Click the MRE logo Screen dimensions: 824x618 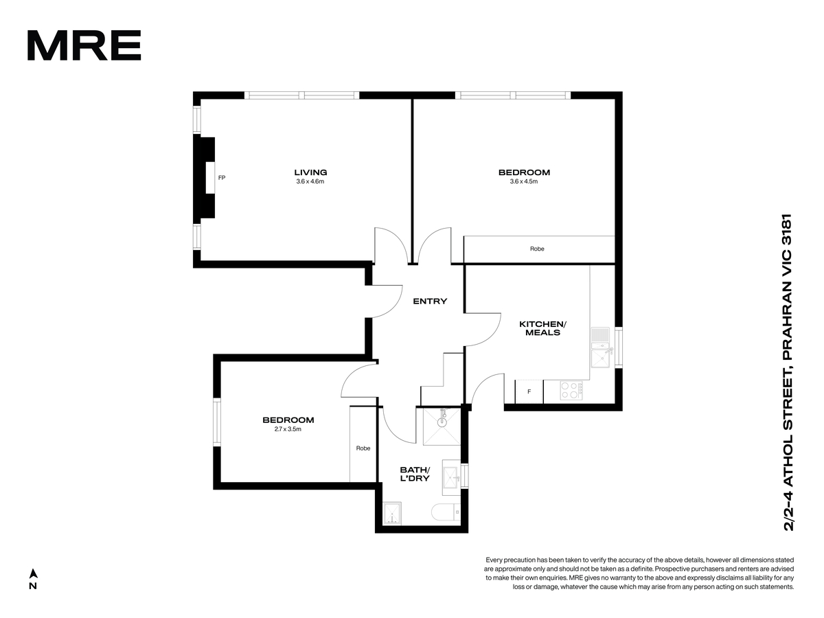84,45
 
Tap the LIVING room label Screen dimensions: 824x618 310,172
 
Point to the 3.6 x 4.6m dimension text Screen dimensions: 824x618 310,181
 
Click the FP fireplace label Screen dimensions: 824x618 222,178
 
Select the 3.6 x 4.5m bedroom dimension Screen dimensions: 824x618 524,181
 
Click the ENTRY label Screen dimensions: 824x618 430,301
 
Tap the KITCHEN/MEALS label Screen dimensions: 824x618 543,328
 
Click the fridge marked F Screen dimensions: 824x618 529,391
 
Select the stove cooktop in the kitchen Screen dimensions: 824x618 571,391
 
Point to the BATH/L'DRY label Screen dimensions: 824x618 415,474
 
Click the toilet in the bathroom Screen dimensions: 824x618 446,512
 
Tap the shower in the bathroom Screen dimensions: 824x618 442,426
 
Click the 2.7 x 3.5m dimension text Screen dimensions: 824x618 288,429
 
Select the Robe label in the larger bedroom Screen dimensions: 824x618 537,249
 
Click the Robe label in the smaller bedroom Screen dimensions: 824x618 363,448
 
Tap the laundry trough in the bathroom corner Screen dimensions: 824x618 392,514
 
